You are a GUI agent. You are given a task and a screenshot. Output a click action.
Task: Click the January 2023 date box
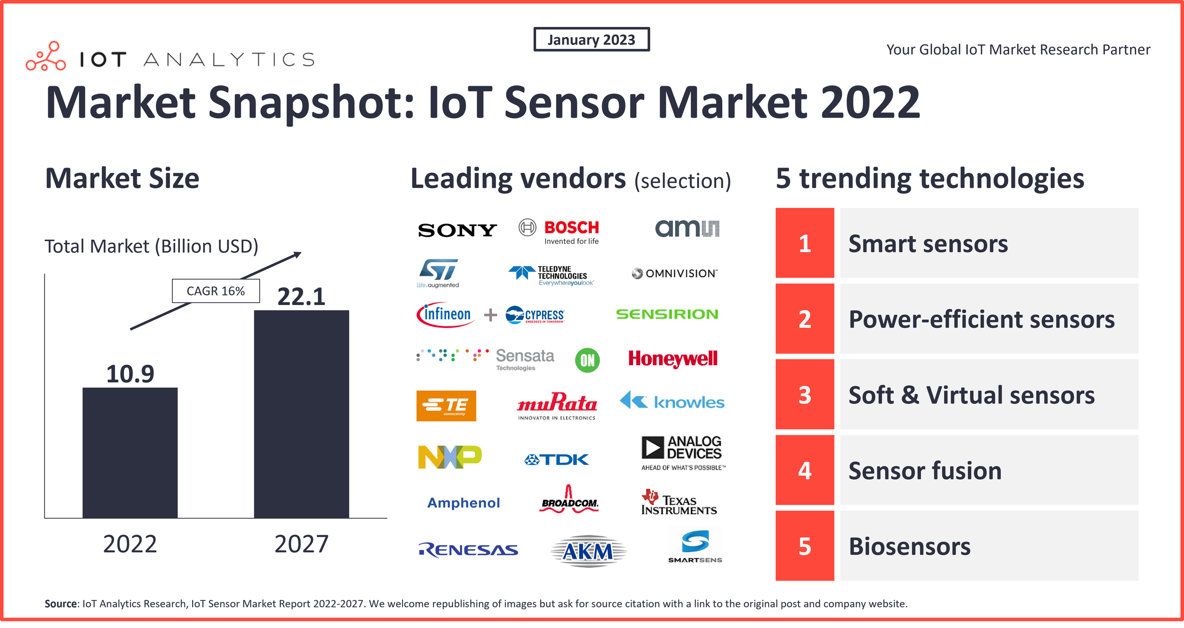click(591, 39)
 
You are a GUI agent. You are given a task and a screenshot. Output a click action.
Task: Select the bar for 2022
click(130, 452)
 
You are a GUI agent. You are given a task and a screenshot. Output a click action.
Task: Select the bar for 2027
click(301, 414)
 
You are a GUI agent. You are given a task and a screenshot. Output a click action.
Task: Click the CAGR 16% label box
click(215, 291)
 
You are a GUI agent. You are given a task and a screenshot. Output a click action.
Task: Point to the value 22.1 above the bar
click(301, 297)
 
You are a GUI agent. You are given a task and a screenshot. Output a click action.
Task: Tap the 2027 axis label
click(301, 544)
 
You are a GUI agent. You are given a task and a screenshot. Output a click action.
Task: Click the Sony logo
click(457, 230)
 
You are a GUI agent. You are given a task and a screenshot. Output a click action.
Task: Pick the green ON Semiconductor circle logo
click(587, 360)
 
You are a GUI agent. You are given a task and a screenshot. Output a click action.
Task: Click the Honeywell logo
click(673, 359)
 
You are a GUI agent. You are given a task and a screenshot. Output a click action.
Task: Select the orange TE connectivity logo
click(446, 406)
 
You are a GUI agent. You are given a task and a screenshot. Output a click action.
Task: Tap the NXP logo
click(449, 457)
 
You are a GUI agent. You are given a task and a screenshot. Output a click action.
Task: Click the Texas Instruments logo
click(678, 503)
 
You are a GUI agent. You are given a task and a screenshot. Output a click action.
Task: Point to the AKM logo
click(588, 551)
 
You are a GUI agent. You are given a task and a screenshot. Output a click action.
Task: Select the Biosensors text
click(909, 546)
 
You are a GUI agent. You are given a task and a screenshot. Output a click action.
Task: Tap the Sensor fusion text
click(924, 470)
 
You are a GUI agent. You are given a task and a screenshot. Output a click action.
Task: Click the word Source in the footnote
click(60, 604)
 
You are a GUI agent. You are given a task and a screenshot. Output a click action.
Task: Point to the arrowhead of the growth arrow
click(298, 254)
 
